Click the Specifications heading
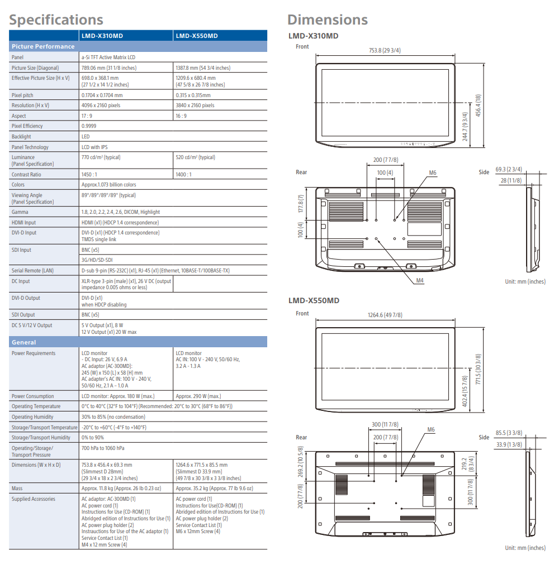click(56, 20)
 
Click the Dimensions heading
click(327, 20)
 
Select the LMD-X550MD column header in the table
click(197, 36)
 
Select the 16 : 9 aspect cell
click(181, 116)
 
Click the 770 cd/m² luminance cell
click(101, 157)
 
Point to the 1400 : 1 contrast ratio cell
click(183, 174)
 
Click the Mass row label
click(17, 488)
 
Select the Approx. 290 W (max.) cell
click(198, 396)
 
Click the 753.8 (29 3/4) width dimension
click(385, 51)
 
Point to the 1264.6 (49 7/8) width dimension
click(385, 315)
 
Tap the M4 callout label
click(420, 280)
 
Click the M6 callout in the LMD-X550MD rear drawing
click(430, 430)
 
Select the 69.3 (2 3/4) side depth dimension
click(508, 169)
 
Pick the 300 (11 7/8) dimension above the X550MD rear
click(385, 425)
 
